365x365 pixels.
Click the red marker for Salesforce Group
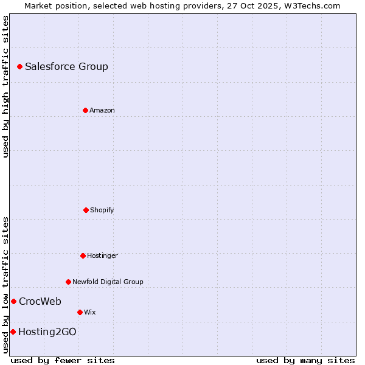point(19,66)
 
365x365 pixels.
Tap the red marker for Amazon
point(85,110)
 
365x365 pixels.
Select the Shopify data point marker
point(86,210)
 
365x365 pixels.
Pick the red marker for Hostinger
point(83,255)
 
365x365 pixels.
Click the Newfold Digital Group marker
point(68,282)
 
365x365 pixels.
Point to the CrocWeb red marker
point(13,301)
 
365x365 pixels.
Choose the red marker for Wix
point(80,312)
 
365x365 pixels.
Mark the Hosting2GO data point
point(13,332)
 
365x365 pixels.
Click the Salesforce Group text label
point(66,66)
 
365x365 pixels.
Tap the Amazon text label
point(102,110)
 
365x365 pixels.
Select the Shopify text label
point(102,210)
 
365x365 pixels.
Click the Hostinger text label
point(102,255)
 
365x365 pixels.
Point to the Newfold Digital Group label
point(108,282)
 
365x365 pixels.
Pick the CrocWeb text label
point(40,301)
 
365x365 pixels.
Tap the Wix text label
point(90,312)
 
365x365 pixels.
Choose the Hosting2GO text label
point(47,332)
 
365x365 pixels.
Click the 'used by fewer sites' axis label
point(63,360)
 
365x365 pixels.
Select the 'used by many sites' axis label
point(305,360)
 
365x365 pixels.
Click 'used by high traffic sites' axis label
point(6,86)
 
